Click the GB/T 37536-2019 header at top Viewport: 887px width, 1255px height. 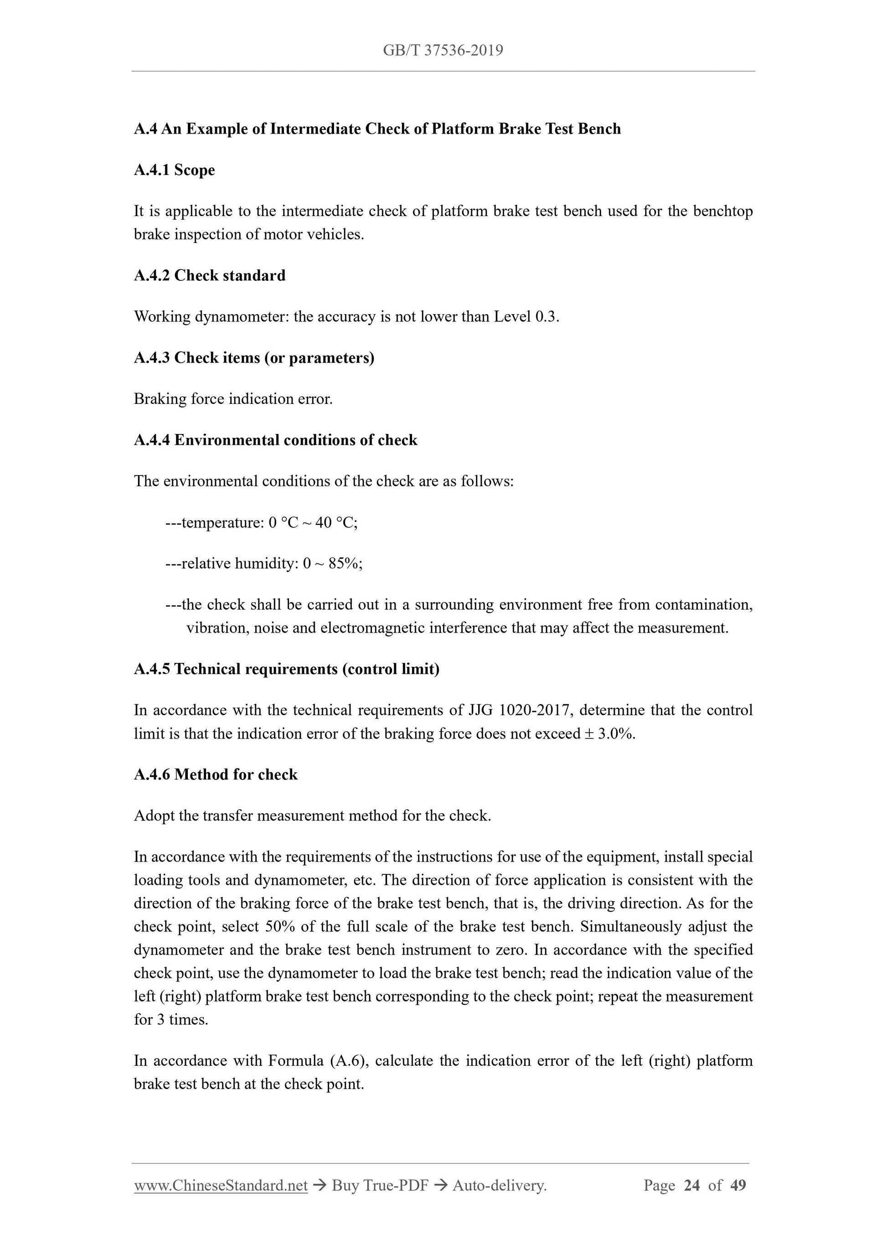tap(443, 51)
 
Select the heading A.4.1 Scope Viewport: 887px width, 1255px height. tap(174, 170)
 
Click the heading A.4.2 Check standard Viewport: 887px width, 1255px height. tap(209, 275)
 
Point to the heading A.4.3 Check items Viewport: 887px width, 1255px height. tap(254, 358)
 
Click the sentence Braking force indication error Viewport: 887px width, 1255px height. tap(233, 399)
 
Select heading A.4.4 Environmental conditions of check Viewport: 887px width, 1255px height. tap(275, 440)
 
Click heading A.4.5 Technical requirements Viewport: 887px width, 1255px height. tap(286, 670)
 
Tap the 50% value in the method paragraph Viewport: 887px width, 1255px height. tap(280, 927)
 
